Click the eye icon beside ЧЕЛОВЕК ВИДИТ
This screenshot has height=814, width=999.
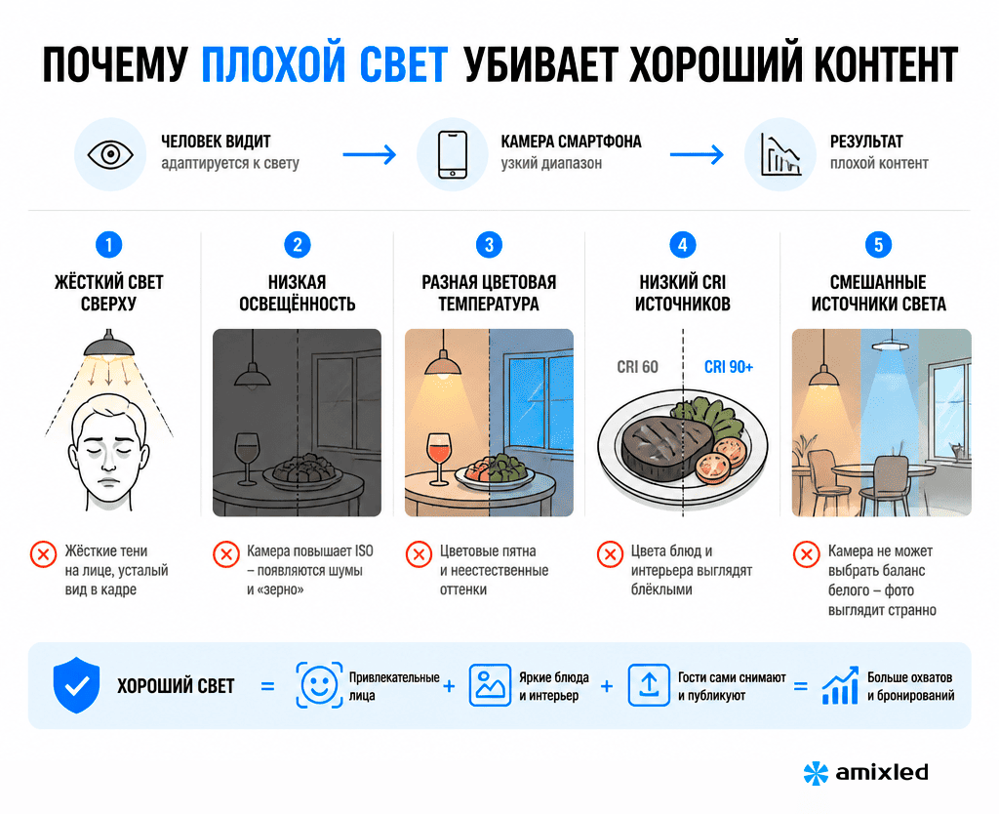110,154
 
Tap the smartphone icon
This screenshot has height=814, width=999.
453,154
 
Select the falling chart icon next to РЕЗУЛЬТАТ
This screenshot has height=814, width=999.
780,155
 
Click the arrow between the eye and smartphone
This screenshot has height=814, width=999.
370,154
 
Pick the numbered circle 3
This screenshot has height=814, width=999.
490,245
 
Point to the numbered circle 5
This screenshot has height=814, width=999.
878,245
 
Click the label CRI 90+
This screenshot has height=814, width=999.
728,367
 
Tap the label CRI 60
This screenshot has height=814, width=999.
637,367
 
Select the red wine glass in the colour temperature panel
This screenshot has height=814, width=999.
438,458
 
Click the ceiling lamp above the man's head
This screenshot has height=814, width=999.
109,345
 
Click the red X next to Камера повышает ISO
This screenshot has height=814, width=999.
226,554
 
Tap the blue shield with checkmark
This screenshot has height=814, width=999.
76,685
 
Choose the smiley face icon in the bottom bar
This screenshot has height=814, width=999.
319,685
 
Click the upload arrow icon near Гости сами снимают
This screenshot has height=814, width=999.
649,685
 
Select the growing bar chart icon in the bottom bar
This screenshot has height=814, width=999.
840,686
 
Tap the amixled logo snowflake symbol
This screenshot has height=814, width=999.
816,773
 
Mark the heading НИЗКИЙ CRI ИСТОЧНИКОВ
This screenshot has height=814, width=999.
682,293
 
